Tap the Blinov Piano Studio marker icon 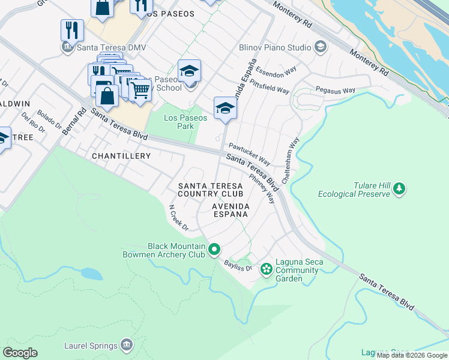pyautogui.click(x=320, y=47)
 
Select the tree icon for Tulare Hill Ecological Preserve pyautogui.click(x=399, y=190)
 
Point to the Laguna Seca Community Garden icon pyautogui.click(x=266, y=270)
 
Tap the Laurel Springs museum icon pyautogui.click(x=127, y=345)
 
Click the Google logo pyautogui.click(x=20, y=353)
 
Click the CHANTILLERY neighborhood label pyautogui.click(x=121, y=155)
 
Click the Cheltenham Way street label pyautogui.click(x=295, y=152)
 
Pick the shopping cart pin pyautogui.click(x=140, y=90)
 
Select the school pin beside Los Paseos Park pyautogui.click(x=225, y=108)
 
